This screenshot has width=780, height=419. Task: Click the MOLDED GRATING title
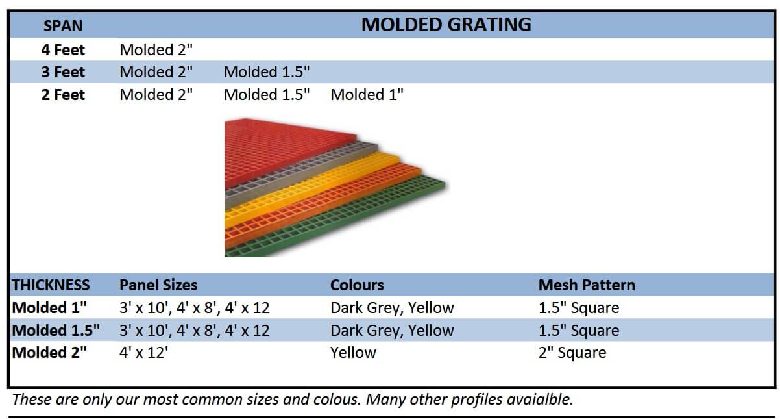click(446, 25)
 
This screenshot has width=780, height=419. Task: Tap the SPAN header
click(63, 26)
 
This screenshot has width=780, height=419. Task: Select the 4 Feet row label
click(63, 50)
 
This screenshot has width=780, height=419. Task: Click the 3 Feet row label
click(63, 72)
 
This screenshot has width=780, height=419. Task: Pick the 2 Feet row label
click(63, 95)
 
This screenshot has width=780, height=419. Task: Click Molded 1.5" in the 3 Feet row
click(267, 72)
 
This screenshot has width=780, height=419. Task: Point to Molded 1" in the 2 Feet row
click(367, 95)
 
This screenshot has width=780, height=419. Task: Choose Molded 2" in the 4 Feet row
click(156, 50)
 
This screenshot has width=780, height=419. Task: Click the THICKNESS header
click(51, 285)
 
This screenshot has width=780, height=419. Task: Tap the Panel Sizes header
click(158, 285)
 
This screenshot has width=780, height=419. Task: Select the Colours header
click(357, 285)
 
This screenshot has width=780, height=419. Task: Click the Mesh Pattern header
click(587, 285)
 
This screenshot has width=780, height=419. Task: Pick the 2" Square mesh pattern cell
click(572, 353)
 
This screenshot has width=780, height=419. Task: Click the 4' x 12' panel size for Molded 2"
click(143, 353)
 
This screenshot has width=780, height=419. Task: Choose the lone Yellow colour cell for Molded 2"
click(353, 353)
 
